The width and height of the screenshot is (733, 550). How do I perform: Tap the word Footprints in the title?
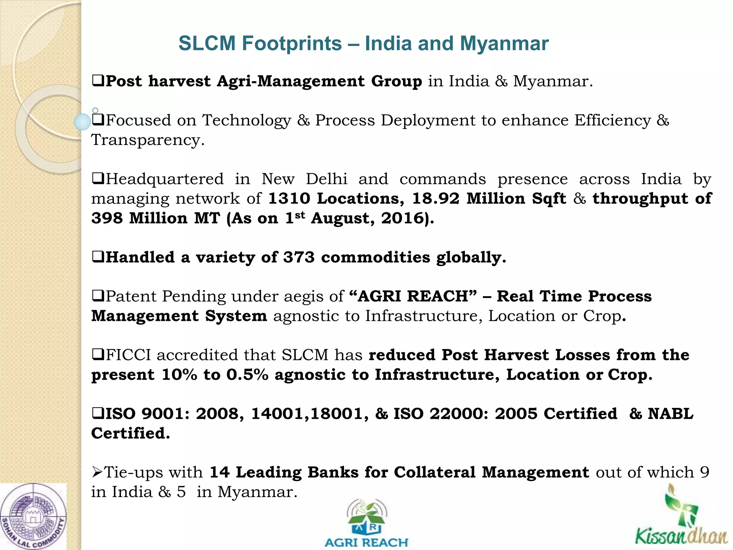[x=292, y=44]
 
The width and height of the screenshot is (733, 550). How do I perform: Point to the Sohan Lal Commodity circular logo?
[x=33, y=517]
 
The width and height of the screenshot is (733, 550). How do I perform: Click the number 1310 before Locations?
[x=289, y=199]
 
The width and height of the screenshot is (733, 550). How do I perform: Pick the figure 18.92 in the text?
[x=436, y=199]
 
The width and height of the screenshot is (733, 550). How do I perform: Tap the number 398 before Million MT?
[x=107, y=218]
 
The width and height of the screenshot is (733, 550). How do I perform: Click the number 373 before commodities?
[x=299, y=257]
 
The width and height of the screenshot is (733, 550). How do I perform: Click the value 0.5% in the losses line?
[x=247, y=375]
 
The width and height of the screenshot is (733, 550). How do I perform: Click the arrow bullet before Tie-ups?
[x=97, y=472]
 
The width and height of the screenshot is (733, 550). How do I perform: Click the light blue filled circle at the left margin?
[x=82, y=122]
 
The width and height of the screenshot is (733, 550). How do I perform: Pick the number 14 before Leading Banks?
[x=219, y=472]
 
